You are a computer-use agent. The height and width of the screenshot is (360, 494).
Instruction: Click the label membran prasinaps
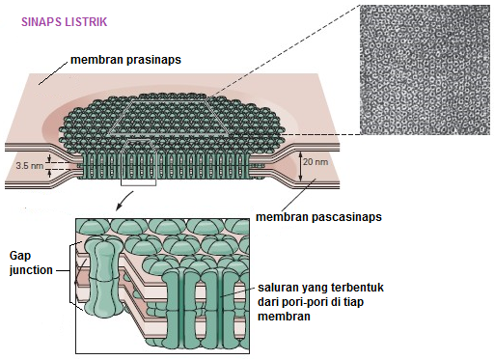tap(125, 60)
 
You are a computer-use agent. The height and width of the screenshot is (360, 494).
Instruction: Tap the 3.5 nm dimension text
tap(29, 166)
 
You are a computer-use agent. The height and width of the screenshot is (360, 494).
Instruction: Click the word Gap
tap(21, 255)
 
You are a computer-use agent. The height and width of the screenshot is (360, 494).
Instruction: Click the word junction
tap(32, 270)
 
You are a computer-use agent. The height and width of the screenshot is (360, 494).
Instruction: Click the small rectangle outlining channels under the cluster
tap(137, 170)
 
